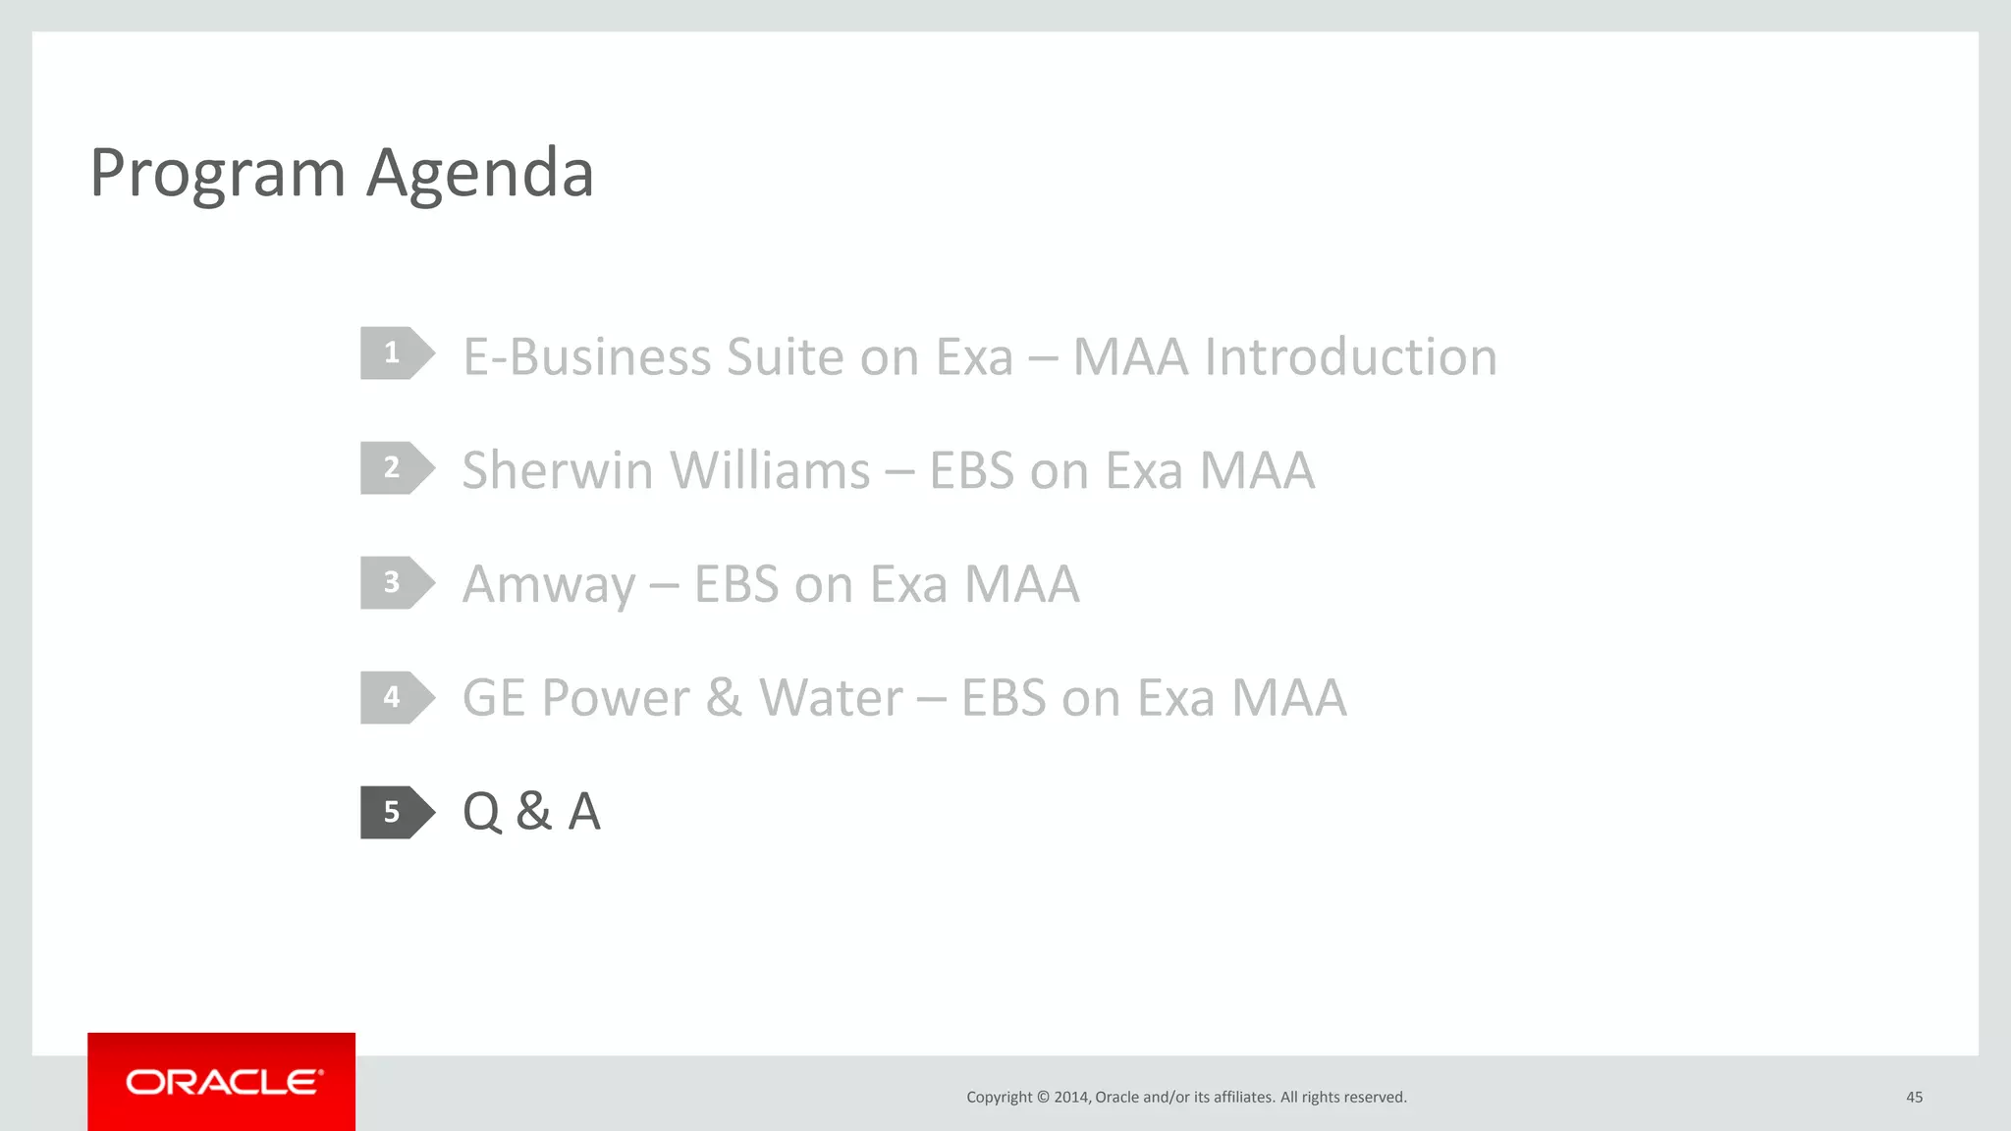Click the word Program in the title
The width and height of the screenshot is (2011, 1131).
(x=217, y=175)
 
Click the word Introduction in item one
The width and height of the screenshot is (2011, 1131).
(x=1350, y=356)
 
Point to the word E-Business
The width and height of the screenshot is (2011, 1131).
(x=586, y=356)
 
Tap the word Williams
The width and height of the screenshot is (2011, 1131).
(x=770, y=470)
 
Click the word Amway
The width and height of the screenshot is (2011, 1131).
(x=549, y=585)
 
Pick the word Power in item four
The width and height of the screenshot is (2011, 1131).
(x=616, y=698)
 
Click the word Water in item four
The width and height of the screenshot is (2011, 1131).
(x=831, y=698)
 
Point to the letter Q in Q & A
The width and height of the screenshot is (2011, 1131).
(x=482, y=813)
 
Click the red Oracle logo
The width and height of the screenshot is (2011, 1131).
(x=222, y=1082)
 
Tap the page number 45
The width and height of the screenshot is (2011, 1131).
(x=1914, y=1097)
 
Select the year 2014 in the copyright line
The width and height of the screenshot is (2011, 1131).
(x=1070, y=1097)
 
